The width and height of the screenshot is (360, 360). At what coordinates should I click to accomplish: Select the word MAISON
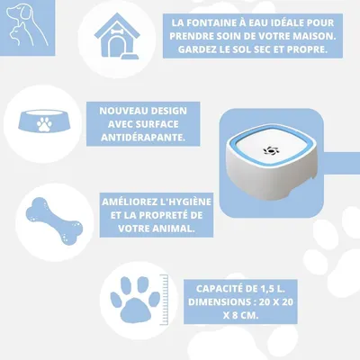click(x=310, y=36)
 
